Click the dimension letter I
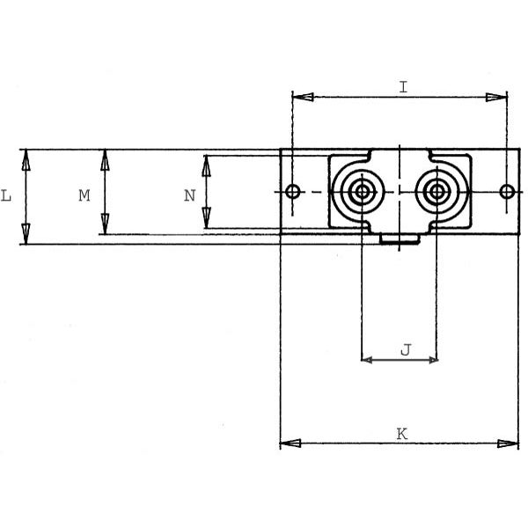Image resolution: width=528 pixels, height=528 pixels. (403, 87)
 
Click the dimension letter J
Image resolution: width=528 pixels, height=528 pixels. (406, 350)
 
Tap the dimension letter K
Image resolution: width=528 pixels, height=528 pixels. (402, 434)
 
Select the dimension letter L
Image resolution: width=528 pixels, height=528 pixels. (6, 195)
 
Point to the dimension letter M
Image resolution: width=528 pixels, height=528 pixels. (84, 195)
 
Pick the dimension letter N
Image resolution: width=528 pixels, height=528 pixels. (189, 195)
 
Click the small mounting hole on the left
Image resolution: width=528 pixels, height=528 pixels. (293, 192)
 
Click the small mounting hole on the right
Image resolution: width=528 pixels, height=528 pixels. (507, 192)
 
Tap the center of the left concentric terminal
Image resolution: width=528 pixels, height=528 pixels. (362, 192)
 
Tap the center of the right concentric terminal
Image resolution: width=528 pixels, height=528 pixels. (436, 192)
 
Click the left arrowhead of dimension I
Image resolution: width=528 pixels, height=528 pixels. (303, 97)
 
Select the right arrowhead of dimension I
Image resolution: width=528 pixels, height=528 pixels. (496, 97)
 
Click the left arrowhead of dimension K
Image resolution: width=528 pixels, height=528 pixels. (290, 444)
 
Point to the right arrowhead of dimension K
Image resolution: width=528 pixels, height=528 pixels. (508, 444)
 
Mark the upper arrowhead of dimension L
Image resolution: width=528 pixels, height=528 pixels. (26, 160)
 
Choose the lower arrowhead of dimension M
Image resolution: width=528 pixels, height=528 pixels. (105, 224)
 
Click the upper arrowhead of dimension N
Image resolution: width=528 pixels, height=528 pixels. (206, 166)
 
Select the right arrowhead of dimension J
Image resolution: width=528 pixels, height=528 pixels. (433, 360)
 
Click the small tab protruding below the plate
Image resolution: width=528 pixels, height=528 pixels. (400, 238)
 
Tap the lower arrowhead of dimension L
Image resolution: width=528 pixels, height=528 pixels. (26, 234)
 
